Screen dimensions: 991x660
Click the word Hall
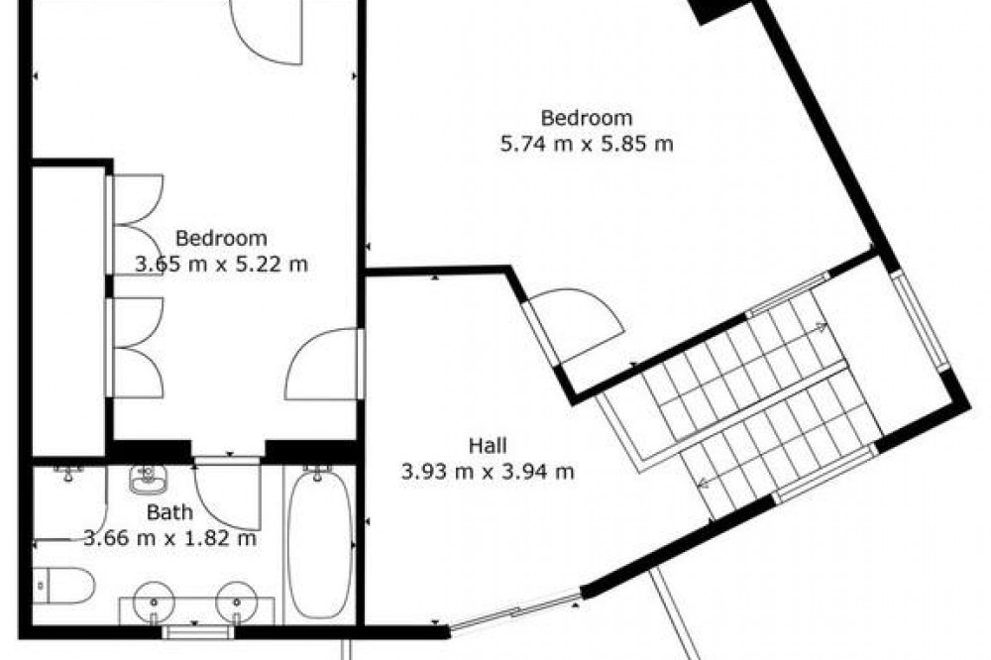point(488,446)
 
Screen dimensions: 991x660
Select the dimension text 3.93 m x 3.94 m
point(488,472)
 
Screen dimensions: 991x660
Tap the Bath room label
point(169,512)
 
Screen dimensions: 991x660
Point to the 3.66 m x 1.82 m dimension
point(170,538)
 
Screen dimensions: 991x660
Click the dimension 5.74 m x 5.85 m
point(587,144)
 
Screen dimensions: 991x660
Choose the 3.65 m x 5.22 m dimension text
point(221,264)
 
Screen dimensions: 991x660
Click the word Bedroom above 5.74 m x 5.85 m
point(587,118)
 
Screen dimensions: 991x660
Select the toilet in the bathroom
point(62,585)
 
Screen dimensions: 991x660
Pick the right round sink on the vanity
point(237,602)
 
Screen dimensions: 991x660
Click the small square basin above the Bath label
point(148,480)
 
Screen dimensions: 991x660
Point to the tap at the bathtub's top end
point(318,472)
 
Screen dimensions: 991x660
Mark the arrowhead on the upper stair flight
point(821,327)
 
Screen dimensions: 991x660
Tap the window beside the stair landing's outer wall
point(921,320)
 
